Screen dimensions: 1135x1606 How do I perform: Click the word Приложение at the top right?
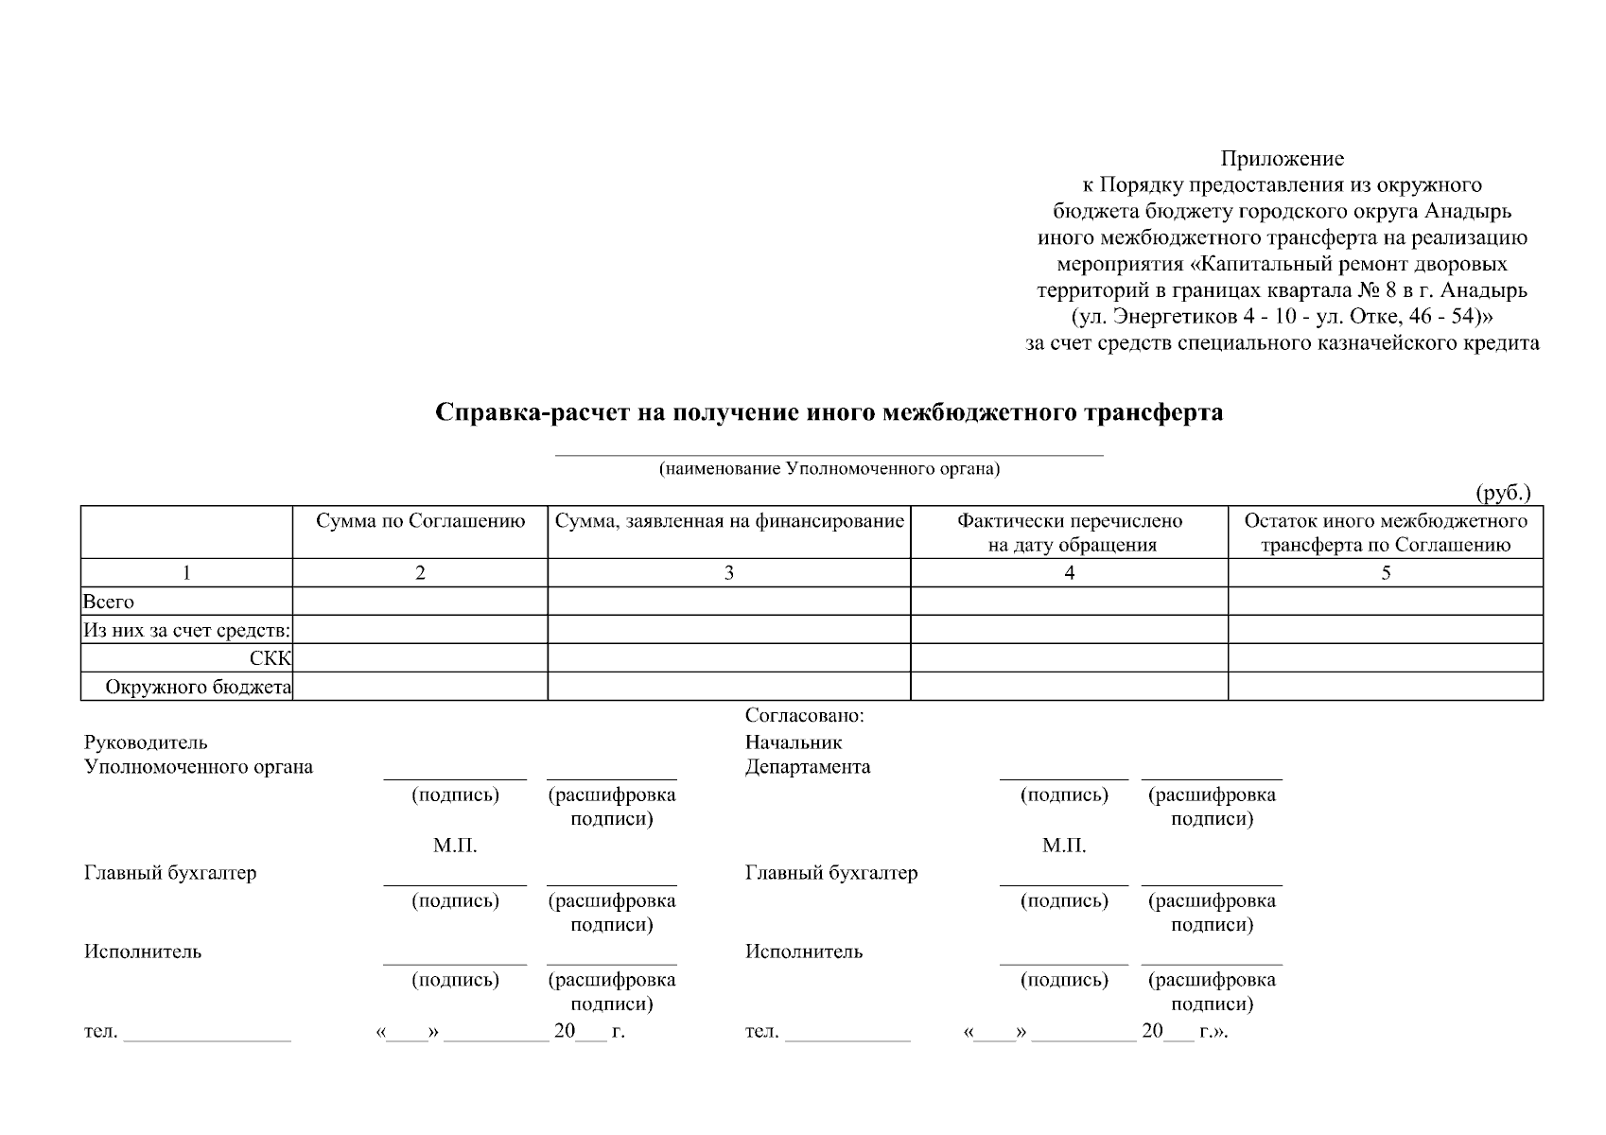1282,159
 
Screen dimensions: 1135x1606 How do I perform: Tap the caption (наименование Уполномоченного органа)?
829,469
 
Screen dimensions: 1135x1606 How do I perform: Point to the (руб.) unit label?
1503,493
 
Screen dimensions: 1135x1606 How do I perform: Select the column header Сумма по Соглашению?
420,521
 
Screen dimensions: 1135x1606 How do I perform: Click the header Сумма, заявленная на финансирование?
729,521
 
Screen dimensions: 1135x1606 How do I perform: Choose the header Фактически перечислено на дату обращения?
1070,533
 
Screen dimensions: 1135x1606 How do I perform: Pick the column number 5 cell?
1386,572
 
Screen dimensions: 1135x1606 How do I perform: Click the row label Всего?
109,602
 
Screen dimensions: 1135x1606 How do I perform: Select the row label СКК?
271,659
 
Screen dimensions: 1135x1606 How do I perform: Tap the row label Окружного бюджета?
198,688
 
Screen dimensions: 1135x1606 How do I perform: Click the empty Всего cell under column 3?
729,602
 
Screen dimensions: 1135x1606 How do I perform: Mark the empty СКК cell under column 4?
1070,658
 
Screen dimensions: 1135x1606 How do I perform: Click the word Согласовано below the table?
804,716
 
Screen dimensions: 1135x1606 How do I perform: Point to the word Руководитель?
146,743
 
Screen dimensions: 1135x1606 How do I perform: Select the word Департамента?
808,767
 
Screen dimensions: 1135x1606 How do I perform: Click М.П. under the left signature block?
455,846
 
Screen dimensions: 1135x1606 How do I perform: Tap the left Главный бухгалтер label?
170,873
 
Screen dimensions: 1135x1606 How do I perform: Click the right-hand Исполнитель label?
804,952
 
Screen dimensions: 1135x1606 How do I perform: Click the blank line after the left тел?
207,1037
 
